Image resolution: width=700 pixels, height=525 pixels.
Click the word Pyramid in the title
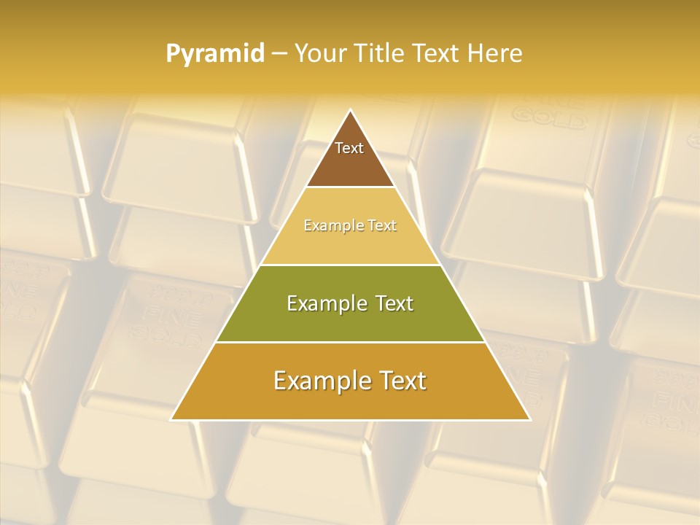[215, 54]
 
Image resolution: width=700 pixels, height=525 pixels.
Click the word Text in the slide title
[436, 53]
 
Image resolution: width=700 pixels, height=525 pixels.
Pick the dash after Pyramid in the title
[279, 54]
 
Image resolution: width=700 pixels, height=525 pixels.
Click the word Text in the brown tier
[349, 148]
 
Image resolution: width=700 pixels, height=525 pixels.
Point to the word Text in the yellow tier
[382, 226]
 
